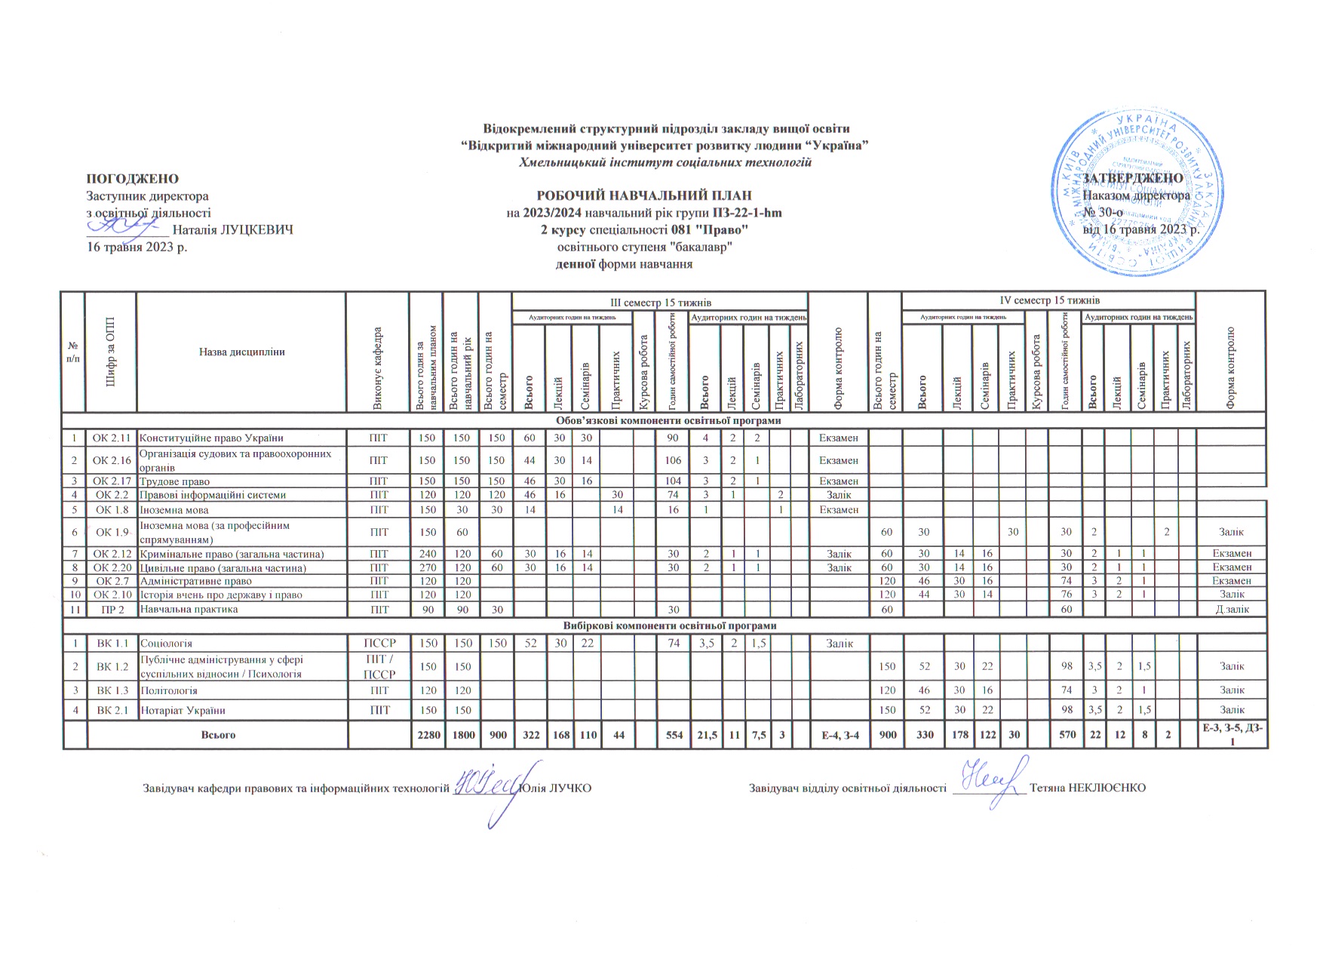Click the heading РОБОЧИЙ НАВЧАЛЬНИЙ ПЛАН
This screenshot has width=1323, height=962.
(x=644, y=195)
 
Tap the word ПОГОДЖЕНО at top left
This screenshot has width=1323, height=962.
(x=134, y=179)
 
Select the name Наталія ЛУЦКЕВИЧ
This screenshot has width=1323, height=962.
(x=233, y=229)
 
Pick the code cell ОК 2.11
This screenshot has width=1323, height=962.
(x=111, y=438)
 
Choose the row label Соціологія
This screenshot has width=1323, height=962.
(x=167, y=644)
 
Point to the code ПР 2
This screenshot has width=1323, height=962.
(x=111, y=609)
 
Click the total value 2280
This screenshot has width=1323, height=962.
(x=428, y=735)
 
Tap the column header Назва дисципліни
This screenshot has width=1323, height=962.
(x=241, y=352)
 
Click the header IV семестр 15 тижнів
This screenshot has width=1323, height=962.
(x=1048, y=300)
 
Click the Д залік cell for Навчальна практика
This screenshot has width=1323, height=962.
(x=1232, y=609)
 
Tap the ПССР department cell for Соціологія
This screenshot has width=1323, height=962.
(x=379, y=644)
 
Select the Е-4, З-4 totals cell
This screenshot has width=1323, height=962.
(x=838, y=735)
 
